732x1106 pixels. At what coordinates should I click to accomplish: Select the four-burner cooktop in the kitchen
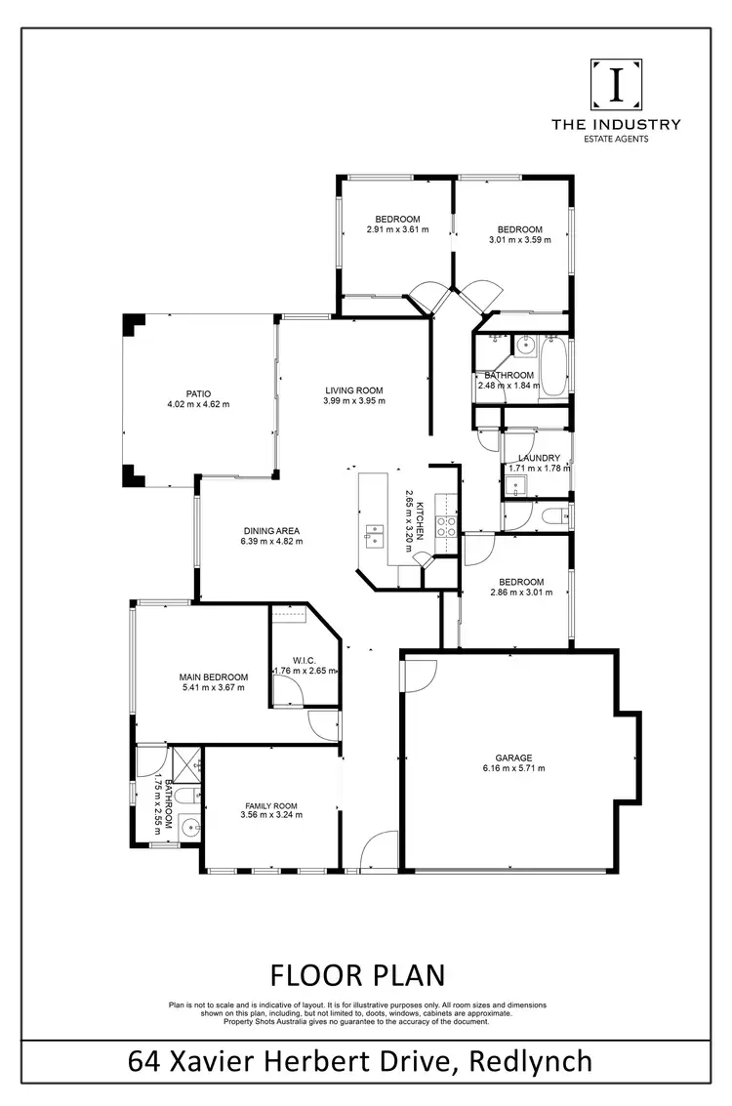[x=446, y=527]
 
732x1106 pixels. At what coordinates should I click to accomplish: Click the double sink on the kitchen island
[x=375, y=533]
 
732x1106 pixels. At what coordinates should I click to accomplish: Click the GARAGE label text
[x=512, y=758]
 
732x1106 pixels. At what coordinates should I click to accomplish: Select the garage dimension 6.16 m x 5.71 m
[x=512, y=768]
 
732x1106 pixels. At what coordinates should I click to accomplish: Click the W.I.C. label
[x=305, y=660]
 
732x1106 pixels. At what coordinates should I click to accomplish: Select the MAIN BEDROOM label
[x=213, y=676]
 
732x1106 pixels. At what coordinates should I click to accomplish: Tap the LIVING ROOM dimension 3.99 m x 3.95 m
[x=355, y=400]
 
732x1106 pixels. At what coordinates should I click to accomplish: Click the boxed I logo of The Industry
[x=616, y=85]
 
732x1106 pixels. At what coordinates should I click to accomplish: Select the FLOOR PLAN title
[x=356, y=974]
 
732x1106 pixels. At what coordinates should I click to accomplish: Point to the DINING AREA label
[x=271, y=531]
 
